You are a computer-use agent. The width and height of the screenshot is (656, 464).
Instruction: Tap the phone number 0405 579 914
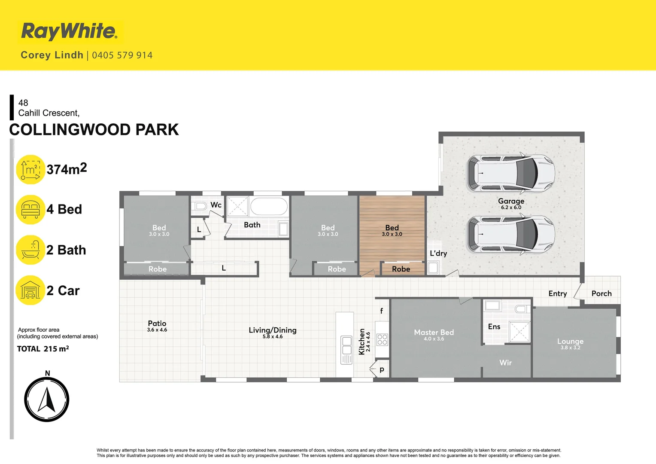pos(122,55)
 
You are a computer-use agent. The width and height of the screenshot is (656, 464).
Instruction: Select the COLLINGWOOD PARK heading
pos(94,130)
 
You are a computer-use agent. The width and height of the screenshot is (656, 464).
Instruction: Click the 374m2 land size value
pos(67,169)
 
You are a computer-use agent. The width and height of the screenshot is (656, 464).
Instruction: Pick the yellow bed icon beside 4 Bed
pos(30,210)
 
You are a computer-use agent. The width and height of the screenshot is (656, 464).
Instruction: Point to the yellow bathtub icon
pos(30,250)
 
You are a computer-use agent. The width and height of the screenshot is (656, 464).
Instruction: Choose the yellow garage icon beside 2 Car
pos(30,290)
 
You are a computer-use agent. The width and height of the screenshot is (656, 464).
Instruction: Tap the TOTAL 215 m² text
pos(43,349)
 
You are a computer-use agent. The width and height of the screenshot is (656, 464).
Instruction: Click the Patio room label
pos(157,324)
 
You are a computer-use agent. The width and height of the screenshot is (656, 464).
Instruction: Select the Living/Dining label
pos(273,330)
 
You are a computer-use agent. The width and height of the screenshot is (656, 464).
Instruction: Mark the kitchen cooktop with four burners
pos(382,340)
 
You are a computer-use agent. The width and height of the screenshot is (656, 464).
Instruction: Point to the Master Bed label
pos(434,333)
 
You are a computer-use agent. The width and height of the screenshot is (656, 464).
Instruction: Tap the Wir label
pos(505,363)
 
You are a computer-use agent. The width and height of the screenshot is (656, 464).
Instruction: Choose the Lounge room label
pos(570,341)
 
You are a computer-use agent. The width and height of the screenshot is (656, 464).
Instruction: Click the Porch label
pos(601,293)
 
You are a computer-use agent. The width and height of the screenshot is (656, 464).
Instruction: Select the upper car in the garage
pos(511,173)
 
